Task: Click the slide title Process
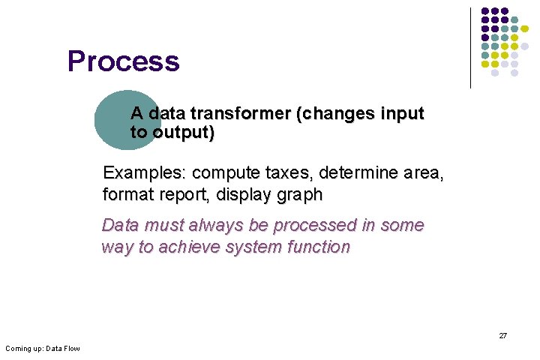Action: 123,61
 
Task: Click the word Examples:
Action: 144,173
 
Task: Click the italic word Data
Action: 120,225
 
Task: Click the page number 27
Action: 502,336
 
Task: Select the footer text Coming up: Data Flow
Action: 42,349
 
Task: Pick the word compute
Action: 222,173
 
